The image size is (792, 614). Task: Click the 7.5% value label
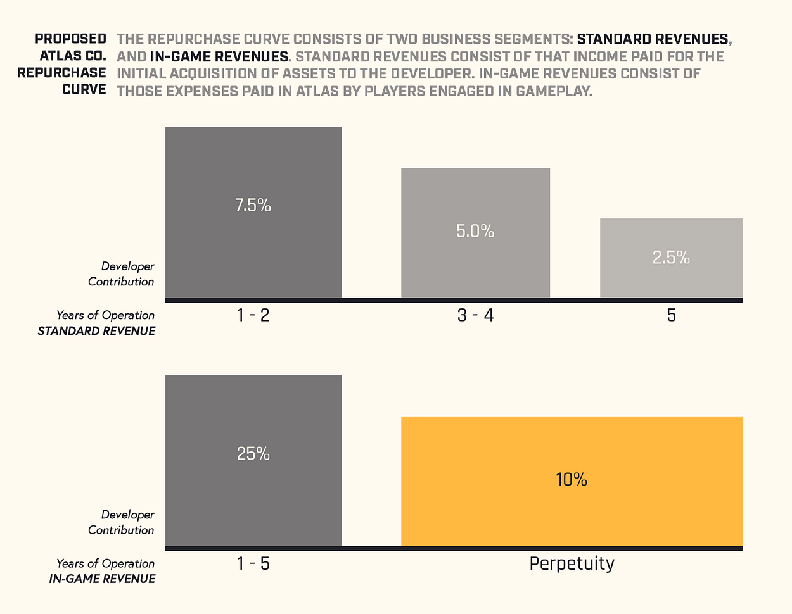click(253, 206)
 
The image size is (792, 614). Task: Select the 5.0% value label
click(475, 232)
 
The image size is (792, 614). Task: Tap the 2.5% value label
click(671, 258)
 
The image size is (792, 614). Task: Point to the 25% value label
click(253, 454)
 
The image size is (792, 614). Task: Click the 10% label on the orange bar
click(572, 480)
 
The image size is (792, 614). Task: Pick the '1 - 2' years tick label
click(253, 315)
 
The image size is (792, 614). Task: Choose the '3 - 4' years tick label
click(475, 315)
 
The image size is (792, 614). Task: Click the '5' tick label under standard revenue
click(671, 315)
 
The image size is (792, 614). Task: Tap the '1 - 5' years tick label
click(253, 563)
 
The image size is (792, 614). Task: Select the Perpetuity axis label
click(572, 563)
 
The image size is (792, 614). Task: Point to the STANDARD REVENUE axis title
click(96, 331)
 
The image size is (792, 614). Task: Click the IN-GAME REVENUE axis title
click(102, 579)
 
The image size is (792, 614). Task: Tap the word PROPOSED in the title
click(70, 39)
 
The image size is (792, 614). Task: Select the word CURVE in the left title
click(84, 89)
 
